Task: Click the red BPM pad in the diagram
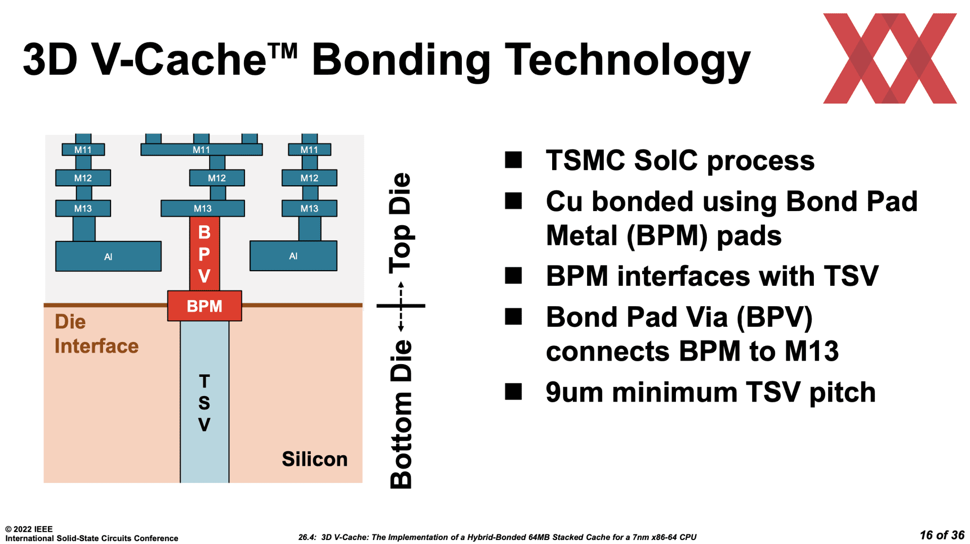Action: pyautogui.click(x=205, y=306)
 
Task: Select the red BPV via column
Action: pyautogui.click(x=205, y=254)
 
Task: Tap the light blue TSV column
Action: pyautogui.click(x=205, y=402)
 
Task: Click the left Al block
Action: pyautogui.click(x=108, y=256)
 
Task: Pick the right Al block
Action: pyautogui.click(x=294, y=256)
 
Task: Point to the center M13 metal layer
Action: pyautogui.click(x=203, y=208)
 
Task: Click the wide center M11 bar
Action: pyautogui.click(x=202, y=150)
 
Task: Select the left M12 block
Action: pyautogui.click(x=83, y=178)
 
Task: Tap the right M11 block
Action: pyautogui.click(x=309, y=150)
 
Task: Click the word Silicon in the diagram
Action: pyautogui.click(x=315, y=459)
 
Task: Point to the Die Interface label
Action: pyautogui.click(x=96, y=334)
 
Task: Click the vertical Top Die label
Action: pyautogui.click(x=401, y=223)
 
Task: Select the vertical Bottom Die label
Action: pyautogui.click(x=401, y=414)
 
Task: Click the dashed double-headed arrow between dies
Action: pyautogui.click(x=401, y=307)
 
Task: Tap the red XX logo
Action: pyautogui.click(x=890, y=59)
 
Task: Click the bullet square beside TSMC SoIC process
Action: pyautogui.click(x=513, y=160)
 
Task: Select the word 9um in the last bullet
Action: pyautogui.click(x=574, y=392)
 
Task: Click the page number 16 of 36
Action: pyautogui.click(x=942, y=535)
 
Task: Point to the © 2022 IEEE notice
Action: pyautogui.click(x=29, y=529)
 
